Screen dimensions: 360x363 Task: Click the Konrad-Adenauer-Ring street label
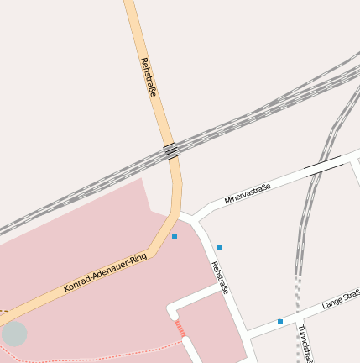pos(105,273)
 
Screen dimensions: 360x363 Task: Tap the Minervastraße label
pos(247,194)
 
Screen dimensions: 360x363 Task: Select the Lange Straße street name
pos(341,298)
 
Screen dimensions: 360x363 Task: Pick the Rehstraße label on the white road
pos(220,278)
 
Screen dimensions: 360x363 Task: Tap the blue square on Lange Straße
pos(280,322)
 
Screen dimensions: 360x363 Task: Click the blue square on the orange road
pos(175,237)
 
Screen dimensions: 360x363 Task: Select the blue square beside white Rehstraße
pos(219,248)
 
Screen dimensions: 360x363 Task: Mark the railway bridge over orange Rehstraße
pos(172,151)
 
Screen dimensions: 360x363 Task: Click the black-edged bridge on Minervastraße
pos(323,167)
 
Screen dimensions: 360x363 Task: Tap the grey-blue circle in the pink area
pos(14,334)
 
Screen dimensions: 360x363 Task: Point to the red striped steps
pos(180,329)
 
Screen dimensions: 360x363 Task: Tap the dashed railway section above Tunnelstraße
pos(298,294)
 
